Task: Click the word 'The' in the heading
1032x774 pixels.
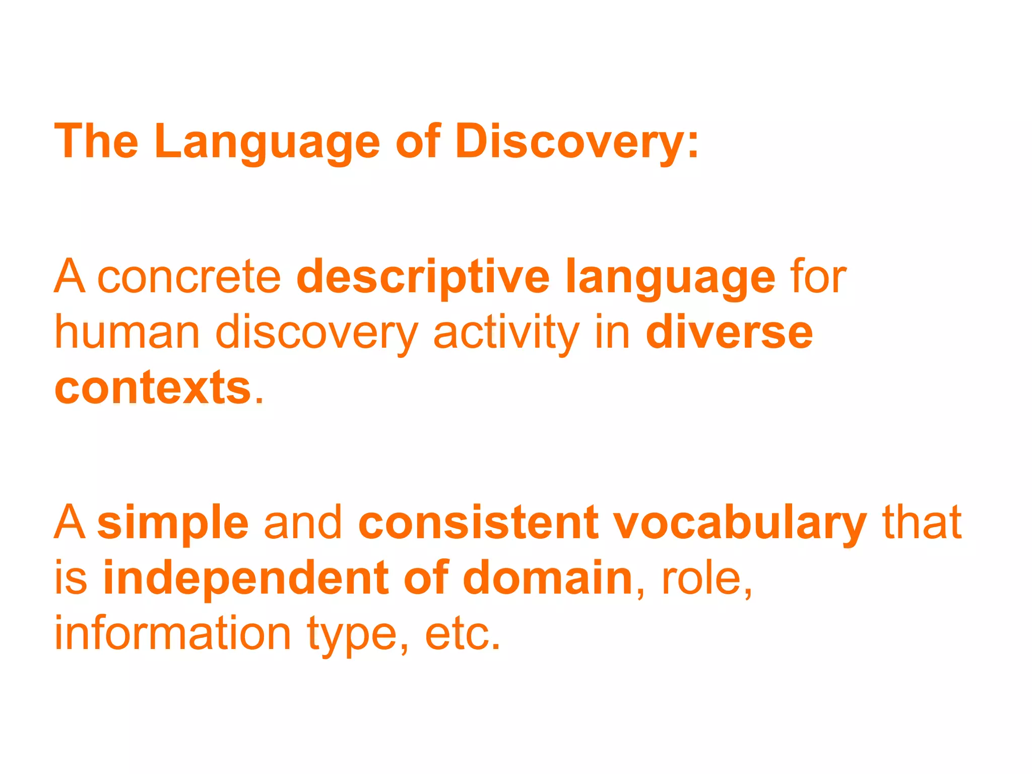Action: (x=96, y=142)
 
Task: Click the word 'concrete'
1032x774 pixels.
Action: (x=189, y=278)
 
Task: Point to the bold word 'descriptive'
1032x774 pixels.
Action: (x=423, y=278)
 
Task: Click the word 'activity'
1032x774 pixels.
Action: (x=506, y=334)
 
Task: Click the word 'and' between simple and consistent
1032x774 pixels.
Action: (x=303, y=523)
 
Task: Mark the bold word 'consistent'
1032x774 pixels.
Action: (x=479, y=523)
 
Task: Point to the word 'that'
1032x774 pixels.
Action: (x=922, y=523)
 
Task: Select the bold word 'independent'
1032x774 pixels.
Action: (x=246, y=578)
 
